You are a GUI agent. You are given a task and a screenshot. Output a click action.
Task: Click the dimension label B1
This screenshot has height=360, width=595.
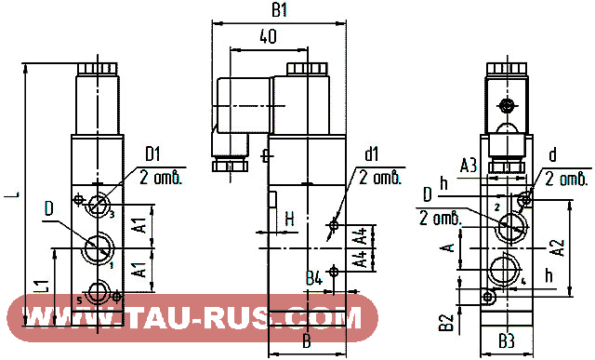tap(278, 11)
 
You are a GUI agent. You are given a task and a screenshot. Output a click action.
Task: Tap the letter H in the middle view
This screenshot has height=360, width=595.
tap(289, 220)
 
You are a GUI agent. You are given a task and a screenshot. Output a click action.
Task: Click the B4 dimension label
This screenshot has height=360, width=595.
tap(314, 275)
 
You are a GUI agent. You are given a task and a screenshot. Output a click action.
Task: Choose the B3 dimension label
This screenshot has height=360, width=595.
tap(503, 340)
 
